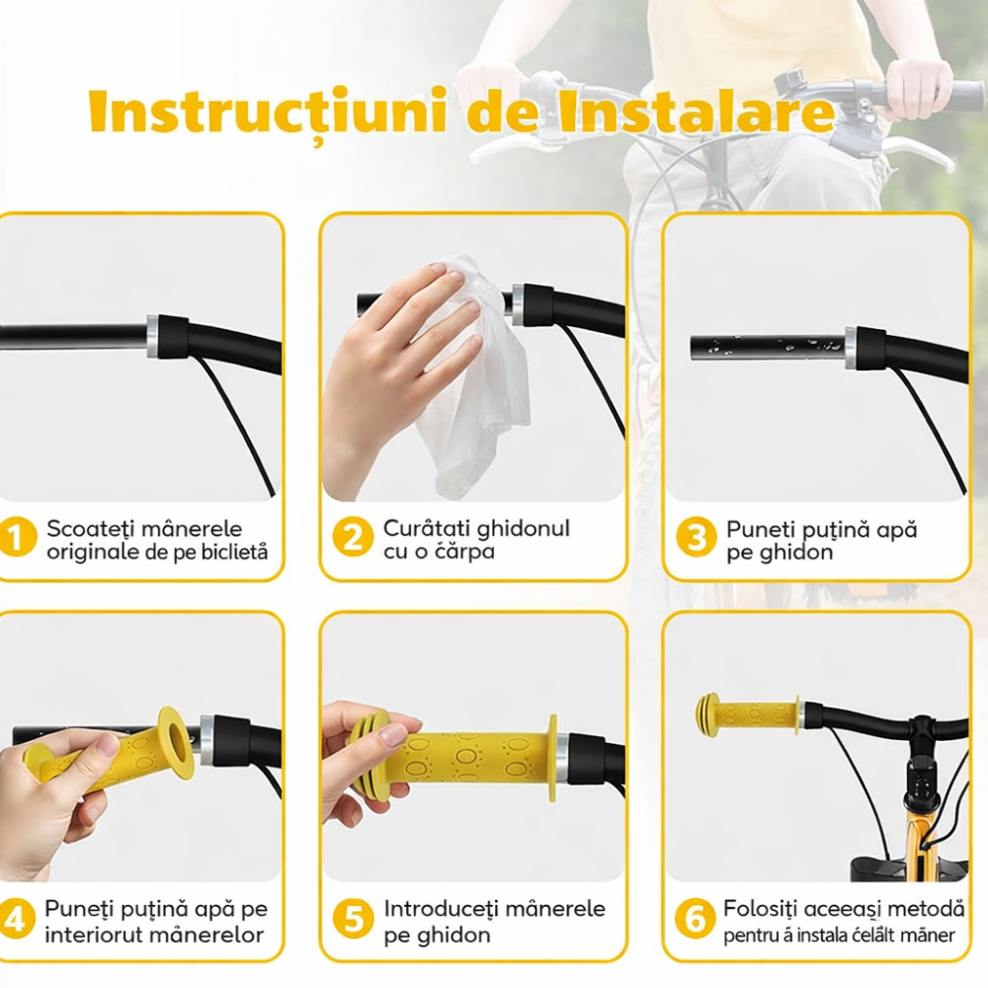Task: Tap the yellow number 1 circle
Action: coord(16,538)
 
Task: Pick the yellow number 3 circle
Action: coord(696,538)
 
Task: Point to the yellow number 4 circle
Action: coord(16,920)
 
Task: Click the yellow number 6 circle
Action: coord(696,920)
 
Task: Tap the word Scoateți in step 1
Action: coord(90,529)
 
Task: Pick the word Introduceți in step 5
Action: coord(441,908)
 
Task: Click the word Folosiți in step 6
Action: coord(761,908)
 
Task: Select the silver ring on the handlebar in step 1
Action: coord(152,336)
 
